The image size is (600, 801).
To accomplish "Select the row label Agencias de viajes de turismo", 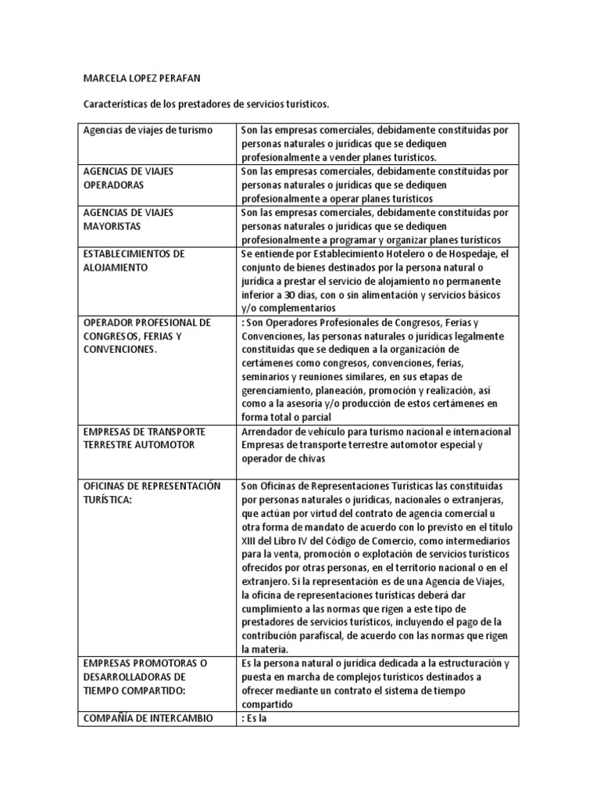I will coord(148,129).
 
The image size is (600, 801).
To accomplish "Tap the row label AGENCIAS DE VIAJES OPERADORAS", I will coord(128,178).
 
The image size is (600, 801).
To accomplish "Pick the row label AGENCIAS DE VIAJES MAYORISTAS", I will coord(128,219).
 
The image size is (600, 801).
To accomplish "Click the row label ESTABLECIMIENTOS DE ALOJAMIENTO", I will coord(133,260).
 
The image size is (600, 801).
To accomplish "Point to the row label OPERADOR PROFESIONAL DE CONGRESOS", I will coord(147,336).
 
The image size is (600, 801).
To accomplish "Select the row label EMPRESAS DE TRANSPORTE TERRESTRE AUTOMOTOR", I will coord(145,438).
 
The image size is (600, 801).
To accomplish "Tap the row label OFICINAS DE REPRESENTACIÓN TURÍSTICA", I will coord(152,493).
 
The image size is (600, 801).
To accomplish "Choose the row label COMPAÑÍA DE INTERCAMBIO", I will coord(148,717).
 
